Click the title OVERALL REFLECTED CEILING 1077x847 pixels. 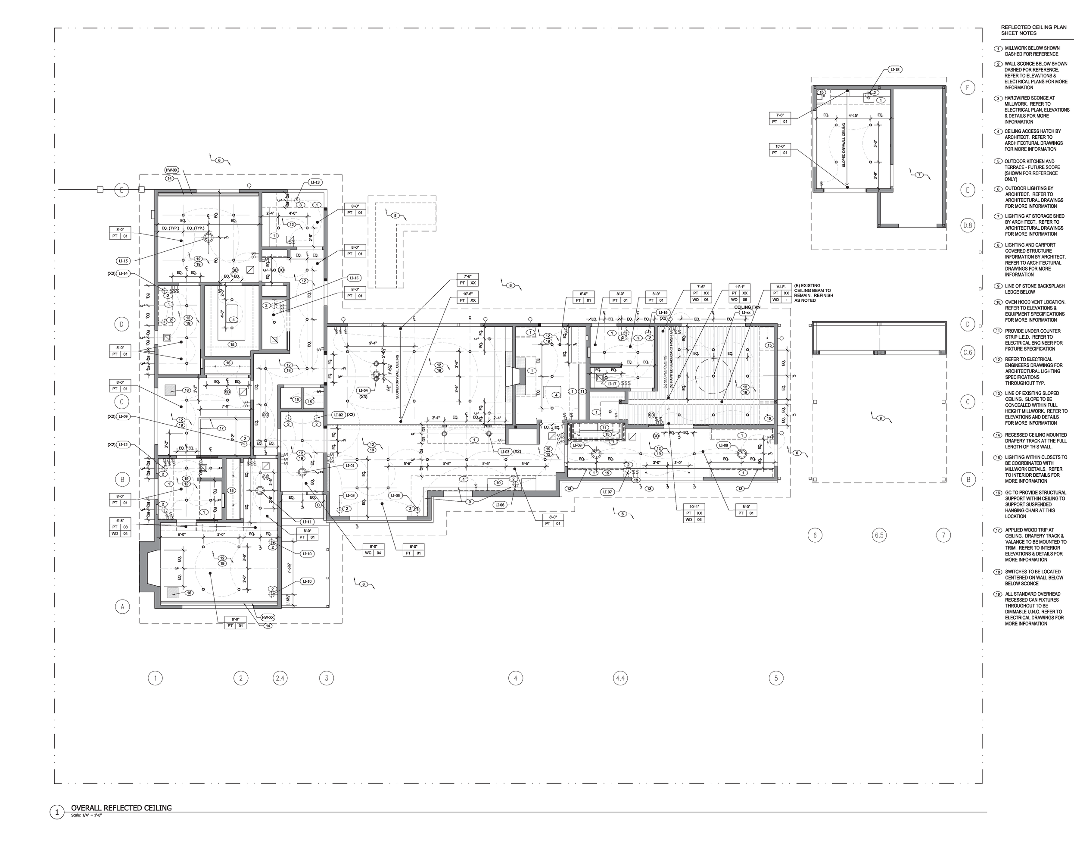121,808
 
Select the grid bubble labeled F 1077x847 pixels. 967,88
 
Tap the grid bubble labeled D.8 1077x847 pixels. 967,225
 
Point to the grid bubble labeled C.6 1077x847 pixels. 967,353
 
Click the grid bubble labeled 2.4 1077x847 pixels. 280,678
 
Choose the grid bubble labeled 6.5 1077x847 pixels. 879,535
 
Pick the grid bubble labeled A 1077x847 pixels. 122,606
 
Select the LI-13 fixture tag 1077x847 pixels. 315,182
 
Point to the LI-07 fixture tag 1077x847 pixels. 607,492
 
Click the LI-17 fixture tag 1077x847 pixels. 612,384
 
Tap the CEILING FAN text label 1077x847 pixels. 747,307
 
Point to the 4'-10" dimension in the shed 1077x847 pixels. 853,116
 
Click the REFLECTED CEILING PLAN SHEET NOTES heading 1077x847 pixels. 1027,30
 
